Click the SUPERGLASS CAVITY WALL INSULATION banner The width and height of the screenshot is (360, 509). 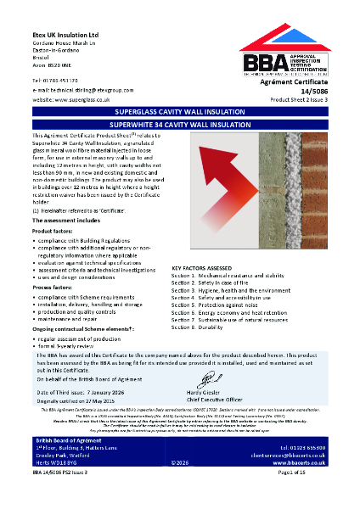[179, 112]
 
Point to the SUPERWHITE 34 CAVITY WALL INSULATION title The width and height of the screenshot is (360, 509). [179, 124]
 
